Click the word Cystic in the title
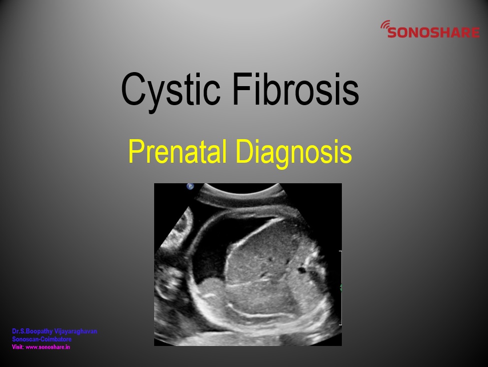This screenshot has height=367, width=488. click(x=171, y=90)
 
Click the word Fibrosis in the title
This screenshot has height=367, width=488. click(x=296, y=89)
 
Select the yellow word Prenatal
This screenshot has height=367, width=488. click(x=177, y=151)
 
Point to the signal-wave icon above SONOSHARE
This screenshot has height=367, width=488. click(x=385, y=25)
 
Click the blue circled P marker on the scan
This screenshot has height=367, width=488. click(x=190, y=186)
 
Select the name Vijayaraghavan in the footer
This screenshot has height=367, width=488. click(x=76, y=331)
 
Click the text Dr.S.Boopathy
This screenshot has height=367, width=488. click(x=33, y=331)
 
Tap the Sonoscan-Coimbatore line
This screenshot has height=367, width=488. click(x=42, y=339)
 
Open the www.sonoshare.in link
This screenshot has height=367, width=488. click(x=48, y=347)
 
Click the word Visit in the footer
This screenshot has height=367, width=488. click(x=18, y=347)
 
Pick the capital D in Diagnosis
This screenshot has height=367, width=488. click(x=246, y=152)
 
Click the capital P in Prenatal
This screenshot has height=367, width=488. click(x=136, y=152)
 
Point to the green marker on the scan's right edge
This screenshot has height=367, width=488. click(x=341, y=287)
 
